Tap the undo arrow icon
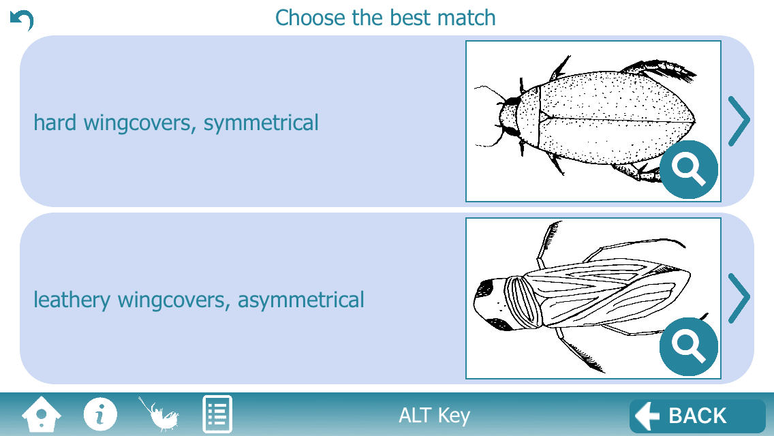point(22,20)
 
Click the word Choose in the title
point(310,18)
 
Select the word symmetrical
point(261,123)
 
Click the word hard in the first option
point(55,123)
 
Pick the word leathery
point(72,300)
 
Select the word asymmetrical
point(300,300)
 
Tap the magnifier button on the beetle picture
point(689,170)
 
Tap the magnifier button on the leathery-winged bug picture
point(689,347)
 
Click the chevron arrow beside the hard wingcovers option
point(739,121)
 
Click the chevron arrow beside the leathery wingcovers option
point(739,298)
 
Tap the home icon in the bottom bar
point(42,414)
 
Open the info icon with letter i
point(100,414)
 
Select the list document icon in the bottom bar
point(217,414)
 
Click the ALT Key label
point(435,416)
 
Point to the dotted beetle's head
point(508,117)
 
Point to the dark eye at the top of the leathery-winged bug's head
point(486,287)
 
